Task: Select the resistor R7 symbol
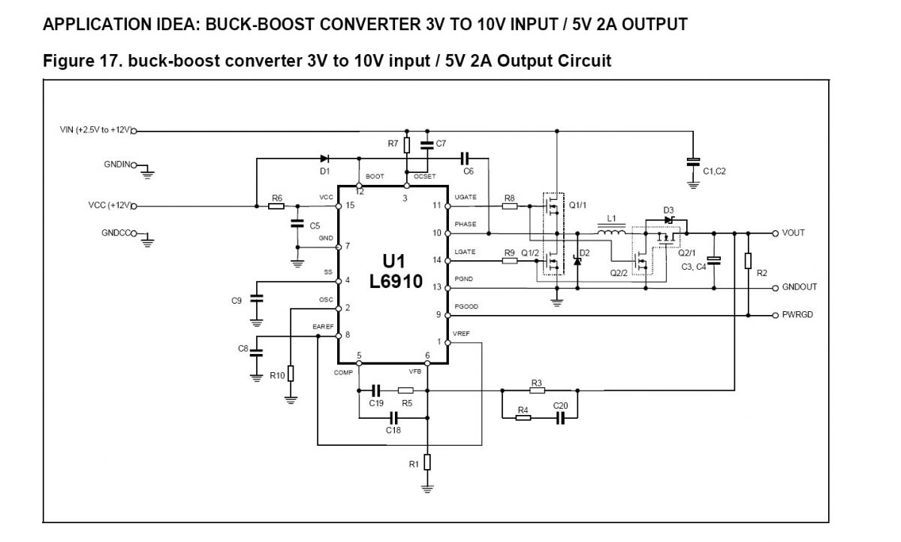click(x=406, y=145)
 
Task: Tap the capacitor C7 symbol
click(x=427, y=144)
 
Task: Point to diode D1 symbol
click(x=324, y=159)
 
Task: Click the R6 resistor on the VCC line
click(x=277, y=205)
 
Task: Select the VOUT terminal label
click(x=793, y=233)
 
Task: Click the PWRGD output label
click(x=797, y=315)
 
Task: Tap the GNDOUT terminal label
click(x=799, y=287)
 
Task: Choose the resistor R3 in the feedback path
click(x=536, y=391)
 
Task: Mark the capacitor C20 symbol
click(x=560, y=417)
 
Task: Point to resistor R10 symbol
click(x=291, y=374)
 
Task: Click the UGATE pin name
click(x=466, y=196)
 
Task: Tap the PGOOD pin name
click(x=466, y=307)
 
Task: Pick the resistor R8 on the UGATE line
click(x=510, y=205)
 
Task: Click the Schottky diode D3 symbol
click(x=667, y=220)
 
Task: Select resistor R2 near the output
click(x=748, y=260)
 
